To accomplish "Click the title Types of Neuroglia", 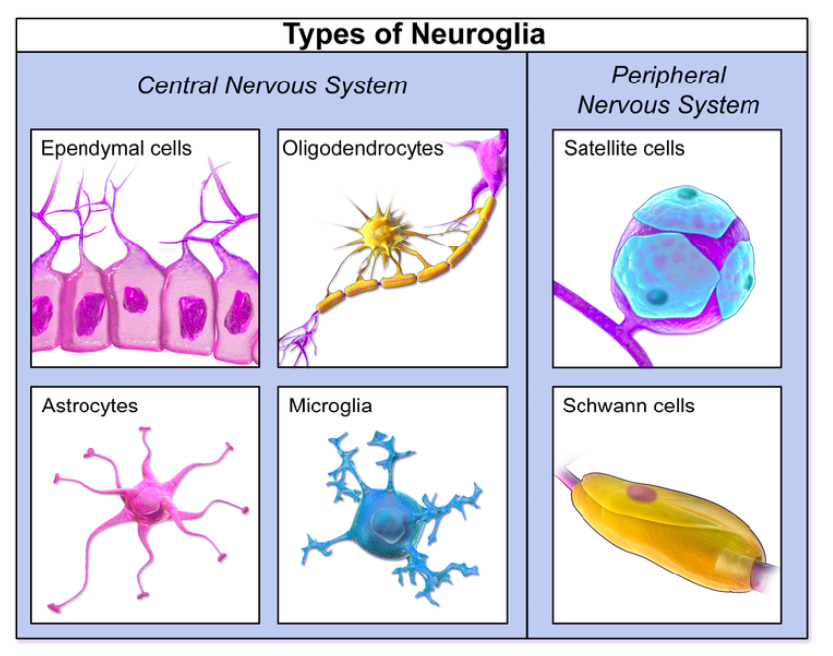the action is click(414, 34).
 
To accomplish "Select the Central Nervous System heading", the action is click(272, 86).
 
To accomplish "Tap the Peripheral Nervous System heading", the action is click(668, 90).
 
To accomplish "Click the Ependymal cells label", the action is click(116, 149).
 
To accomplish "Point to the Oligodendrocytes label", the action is click(363, 149).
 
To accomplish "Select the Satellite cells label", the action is click(623, 149).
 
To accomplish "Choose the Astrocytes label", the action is click(89, 406).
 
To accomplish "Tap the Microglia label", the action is click(330, 407).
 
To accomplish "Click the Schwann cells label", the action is click(628, 406).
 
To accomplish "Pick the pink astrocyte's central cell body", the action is click(147, 502).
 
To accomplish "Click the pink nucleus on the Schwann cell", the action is click(642, 493).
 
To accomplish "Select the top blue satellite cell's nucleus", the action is click(687, 193).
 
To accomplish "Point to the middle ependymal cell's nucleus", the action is click(135, 299).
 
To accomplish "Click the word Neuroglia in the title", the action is click(477, 35).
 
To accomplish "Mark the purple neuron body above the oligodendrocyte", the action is click(491, 162).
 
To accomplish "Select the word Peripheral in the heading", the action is click(668, 76).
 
